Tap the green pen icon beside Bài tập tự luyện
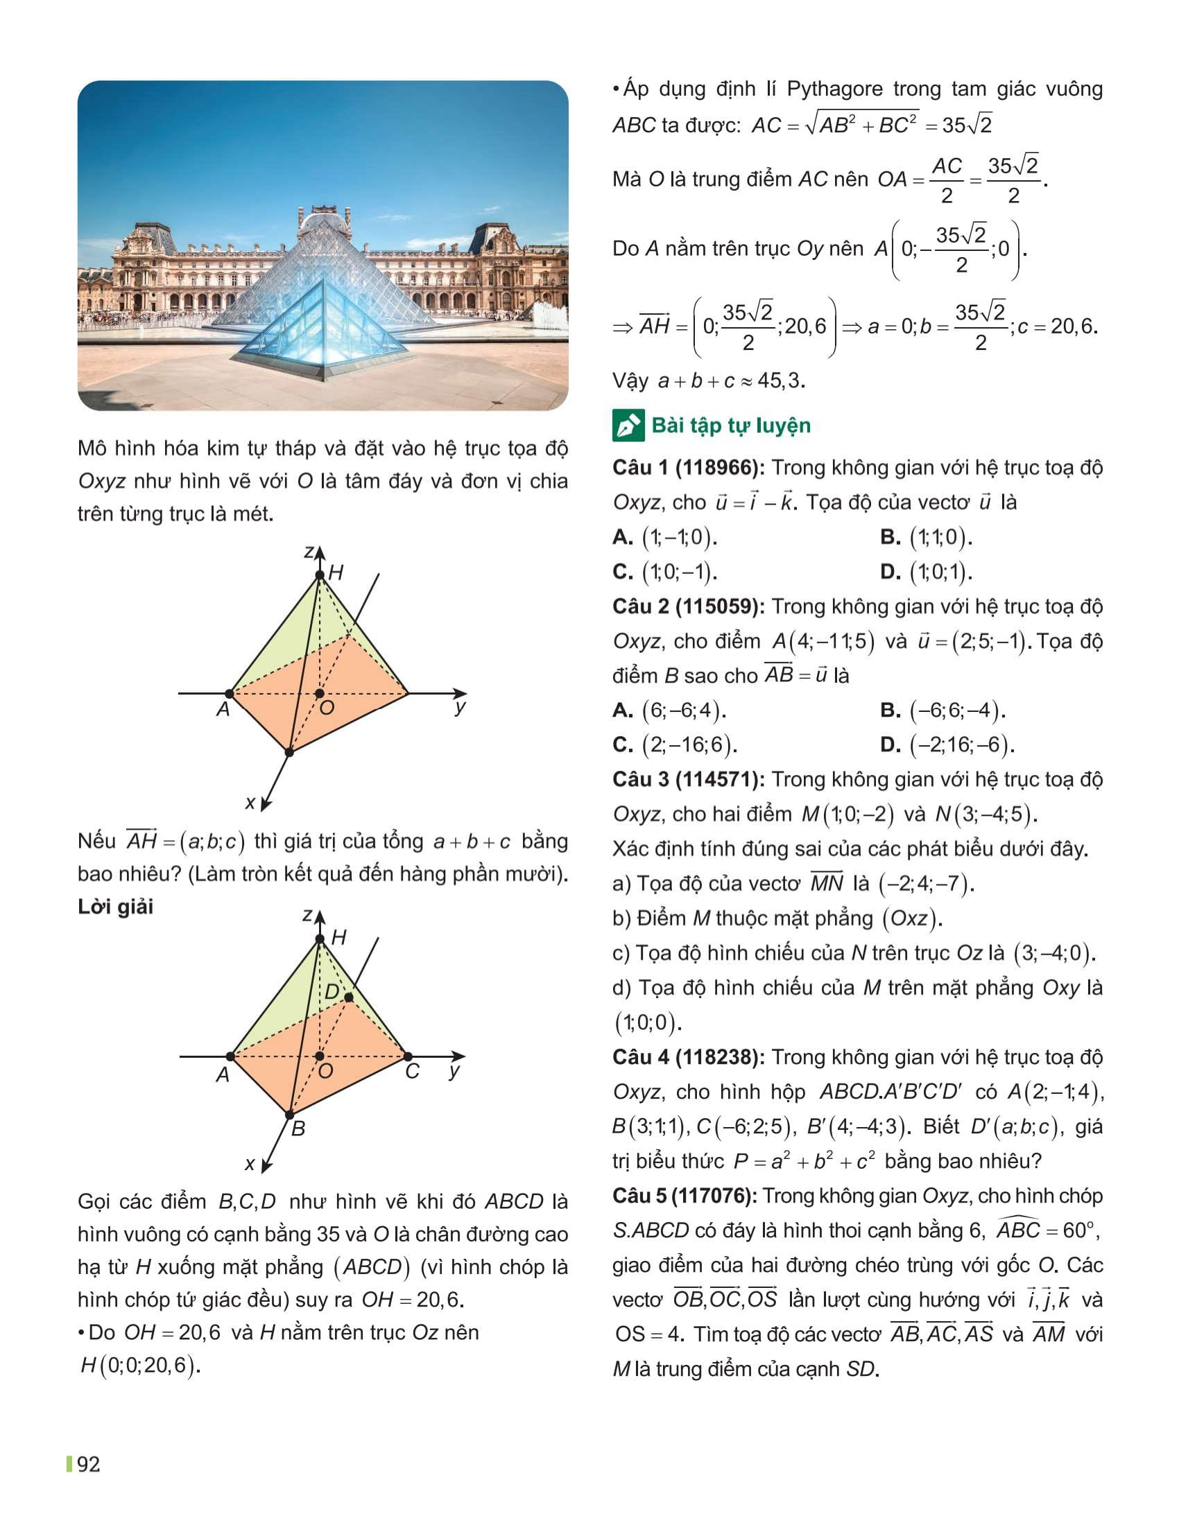[628, 426]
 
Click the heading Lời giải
[115, 907]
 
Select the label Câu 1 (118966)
[687, 468]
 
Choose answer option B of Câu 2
[943, 710]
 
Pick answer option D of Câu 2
[947, 745]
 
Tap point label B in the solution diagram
[298, 1128]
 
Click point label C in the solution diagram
[413, 1072]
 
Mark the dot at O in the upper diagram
[319, 693]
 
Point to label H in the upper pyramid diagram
[335, 573]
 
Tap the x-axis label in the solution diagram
[250, 1164]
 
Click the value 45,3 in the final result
[781, 381]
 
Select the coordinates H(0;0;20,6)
[140, 1364]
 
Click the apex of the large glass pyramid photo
[322, 213]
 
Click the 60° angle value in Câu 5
[1081, 1230]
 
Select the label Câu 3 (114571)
[687, 779]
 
